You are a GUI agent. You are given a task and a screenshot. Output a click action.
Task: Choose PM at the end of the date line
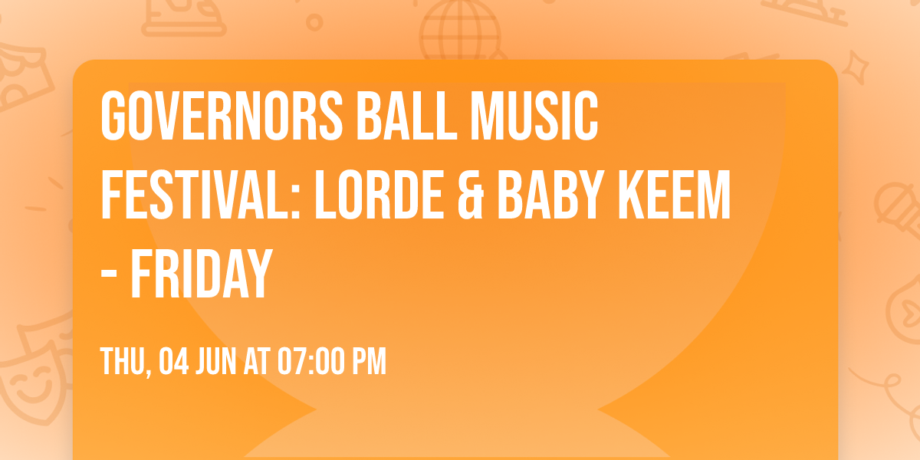click(369, 363)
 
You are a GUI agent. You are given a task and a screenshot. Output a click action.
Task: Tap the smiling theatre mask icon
click(31, 383)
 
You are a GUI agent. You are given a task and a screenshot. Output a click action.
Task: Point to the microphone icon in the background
click(893, 201)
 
